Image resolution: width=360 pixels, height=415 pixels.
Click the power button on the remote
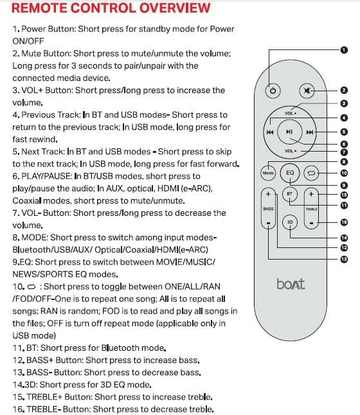click(273, 91)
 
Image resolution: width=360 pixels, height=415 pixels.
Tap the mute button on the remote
click(307, 91)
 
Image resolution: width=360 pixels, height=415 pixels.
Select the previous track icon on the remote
click(270, 132)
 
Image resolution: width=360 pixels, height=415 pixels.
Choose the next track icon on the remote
click(310, 132)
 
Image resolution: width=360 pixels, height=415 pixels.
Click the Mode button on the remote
click(268, 173)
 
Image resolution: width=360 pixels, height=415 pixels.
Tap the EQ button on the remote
click(290, 173)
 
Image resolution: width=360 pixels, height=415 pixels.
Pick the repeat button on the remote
click(311, 173)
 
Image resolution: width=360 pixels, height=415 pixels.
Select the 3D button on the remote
click(290, 222)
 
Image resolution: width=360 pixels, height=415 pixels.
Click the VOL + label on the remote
click(291, 113)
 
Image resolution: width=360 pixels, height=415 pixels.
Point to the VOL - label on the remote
click(291, 151)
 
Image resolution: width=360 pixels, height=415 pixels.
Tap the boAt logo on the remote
click(291, 284)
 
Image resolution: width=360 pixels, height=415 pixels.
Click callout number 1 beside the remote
click(344, 49)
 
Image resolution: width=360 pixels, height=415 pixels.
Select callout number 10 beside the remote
click(344, 173)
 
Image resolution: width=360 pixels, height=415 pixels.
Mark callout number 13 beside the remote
click(344, 259)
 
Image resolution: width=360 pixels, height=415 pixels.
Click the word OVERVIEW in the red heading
click(175, 8)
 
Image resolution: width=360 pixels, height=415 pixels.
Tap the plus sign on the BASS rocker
click(268, 194)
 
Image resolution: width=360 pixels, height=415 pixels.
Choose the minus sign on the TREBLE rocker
click(311, 223)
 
